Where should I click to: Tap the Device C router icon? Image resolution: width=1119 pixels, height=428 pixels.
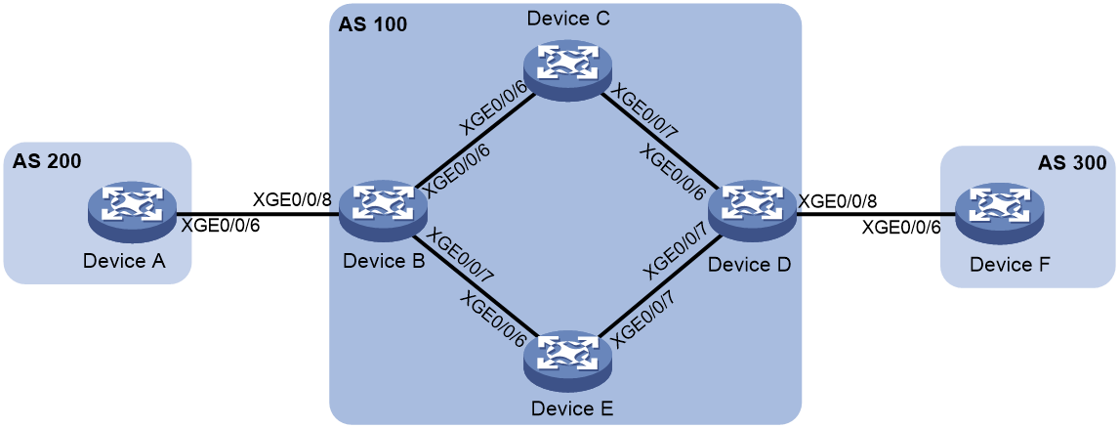tap(566, 68)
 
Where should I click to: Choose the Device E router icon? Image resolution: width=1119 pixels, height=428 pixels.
tap(566, 358)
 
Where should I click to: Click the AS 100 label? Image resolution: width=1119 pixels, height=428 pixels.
tap(372, 25)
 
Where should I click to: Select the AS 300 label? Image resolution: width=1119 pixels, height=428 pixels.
tap(1070, 163)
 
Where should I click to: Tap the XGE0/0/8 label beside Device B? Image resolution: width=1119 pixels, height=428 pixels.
tap(293, 198)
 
